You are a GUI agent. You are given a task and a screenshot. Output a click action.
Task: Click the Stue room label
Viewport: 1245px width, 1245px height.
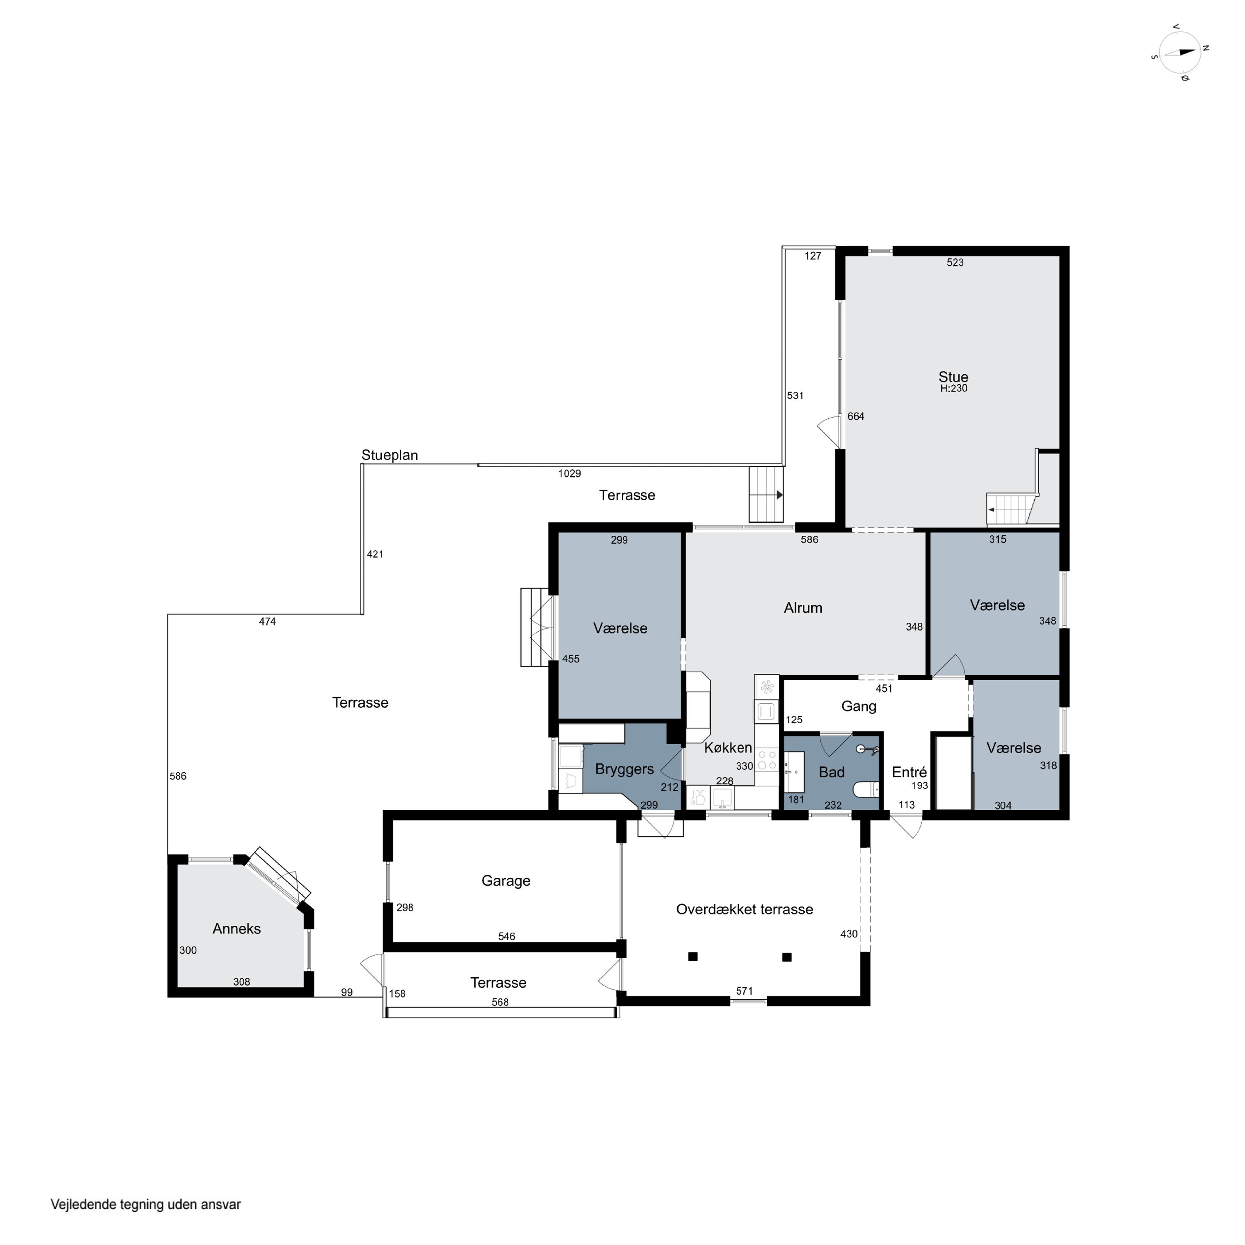coord(953,377)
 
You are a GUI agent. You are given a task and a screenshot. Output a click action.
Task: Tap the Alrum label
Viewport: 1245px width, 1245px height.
coord(803,608)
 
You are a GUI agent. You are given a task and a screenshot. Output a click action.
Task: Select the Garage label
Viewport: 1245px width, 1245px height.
coord(506,881)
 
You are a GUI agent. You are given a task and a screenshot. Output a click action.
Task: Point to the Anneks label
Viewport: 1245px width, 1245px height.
coord(237,929)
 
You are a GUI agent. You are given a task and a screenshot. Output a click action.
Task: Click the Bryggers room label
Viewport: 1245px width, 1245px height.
coord(625,769)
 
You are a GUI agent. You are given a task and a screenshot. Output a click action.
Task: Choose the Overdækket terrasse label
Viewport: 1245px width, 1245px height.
coord(744,909)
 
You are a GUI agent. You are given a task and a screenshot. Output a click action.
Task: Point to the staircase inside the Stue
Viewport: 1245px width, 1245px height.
coord(1012,510)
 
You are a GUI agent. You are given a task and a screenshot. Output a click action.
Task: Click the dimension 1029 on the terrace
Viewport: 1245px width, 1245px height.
coord(570,474)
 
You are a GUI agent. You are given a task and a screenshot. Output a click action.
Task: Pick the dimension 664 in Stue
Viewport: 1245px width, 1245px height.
coord(856,416)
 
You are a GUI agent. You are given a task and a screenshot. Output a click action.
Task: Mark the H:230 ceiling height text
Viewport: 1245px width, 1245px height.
coord(954,388)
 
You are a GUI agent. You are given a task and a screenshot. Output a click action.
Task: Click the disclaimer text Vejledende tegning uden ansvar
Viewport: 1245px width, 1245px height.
coord(146,1204)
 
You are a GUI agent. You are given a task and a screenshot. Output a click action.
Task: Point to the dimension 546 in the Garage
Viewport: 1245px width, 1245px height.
coord(506,936)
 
